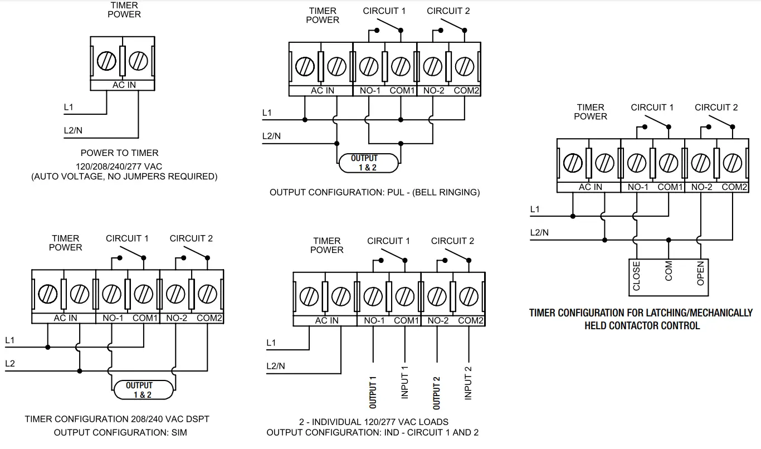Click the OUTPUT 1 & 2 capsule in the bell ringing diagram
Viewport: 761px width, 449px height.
pos(369,162)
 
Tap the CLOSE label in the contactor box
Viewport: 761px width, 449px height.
pos(637,277)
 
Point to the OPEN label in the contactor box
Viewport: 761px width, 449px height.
pos(700,274)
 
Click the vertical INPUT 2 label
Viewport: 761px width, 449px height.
pos(468,383)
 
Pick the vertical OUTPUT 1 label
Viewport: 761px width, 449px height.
pos(373,392)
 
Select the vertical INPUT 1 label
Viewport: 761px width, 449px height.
pos(405,383)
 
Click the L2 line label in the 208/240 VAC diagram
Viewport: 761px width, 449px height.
pos(10,363)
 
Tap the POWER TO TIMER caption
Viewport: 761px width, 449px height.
pos(119,153)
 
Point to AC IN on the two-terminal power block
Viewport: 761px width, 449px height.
pos(124,85)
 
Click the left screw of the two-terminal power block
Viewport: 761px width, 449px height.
pos(106,60)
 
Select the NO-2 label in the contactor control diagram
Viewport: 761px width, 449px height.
pos(702,187)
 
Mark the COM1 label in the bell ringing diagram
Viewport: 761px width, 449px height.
pos(402,91)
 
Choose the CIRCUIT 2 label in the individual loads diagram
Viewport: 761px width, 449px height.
pos(452,241)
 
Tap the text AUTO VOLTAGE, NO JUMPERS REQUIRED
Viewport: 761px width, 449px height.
pos(124,176)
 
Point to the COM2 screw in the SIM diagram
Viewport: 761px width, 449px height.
pos(207,292)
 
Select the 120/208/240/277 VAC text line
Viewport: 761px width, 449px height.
pos(119,165)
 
